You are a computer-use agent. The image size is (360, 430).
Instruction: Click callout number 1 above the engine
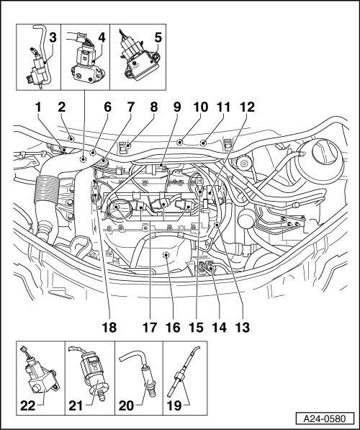click(38, 107)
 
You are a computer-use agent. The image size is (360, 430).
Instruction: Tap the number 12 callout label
click(247, 107)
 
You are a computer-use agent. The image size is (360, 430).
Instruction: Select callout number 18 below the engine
click(109, 327)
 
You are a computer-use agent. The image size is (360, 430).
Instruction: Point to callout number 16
click(173, 327)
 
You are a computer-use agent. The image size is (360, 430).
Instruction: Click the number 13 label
click(243, 327)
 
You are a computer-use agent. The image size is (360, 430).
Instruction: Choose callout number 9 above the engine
click(177, 107)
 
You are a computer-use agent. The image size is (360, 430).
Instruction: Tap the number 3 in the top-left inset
click(53, 37)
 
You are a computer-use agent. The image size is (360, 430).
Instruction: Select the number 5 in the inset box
click(158, 37)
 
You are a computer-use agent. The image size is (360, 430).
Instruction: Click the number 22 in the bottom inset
click(28, 406)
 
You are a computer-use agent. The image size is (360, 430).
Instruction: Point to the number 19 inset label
click(174, 406)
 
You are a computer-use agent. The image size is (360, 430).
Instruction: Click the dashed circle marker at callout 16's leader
click(166, 255)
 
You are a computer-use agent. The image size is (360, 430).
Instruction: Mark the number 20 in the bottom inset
click(126, 406)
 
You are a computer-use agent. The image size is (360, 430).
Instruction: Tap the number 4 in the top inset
click(102, 37)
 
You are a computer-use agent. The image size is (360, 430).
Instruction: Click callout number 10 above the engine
click(200, 107)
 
